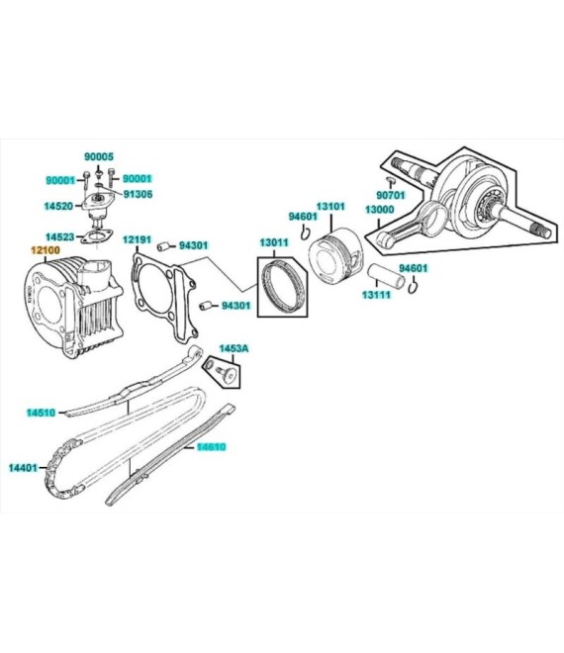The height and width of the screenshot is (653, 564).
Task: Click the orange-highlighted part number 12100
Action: point(46,250)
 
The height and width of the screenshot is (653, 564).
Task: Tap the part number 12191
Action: point(137,239)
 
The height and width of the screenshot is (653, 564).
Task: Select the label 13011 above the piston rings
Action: point(274,242)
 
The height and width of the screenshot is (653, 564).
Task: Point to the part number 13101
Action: point(330,206)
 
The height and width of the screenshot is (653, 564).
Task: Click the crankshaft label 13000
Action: point(380,209)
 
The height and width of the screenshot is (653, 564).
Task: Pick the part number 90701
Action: point(391,195)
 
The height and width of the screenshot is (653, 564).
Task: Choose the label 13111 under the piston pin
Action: point(377,295)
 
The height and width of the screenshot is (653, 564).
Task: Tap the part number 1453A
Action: point(234,348)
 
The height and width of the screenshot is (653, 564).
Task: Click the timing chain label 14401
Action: point(24,468)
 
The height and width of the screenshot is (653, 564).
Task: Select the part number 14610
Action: point(211,447)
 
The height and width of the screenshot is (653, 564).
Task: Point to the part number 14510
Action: point(41,413)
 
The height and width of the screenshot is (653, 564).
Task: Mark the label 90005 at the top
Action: point(99,157)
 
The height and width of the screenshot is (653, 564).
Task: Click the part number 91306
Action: point(138,194)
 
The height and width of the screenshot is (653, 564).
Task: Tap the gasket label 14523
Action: point(59,237)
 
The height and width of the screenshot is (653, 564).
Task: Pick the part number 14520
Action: point(58,206)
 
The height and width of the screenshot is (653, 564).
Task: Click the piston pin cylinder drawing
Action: point(386,276)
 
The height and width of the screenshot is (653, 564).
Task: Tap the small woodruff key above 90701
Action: point(391,179)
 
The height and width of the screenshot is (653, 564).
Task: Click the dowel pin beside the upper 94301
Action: point(163,246)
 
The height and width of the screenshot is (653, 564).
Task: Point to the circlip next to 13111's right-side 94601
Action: point(413,287)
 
